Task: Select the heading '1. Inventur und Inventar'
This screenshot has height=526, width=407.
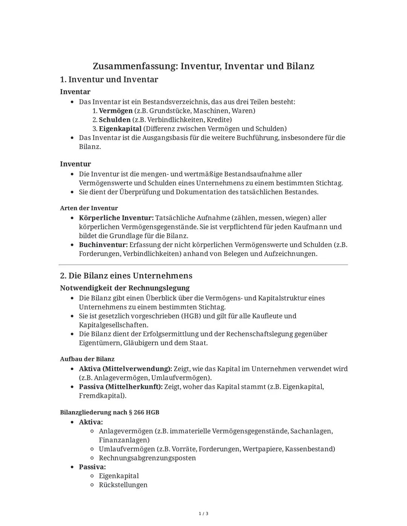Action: click(109, 79)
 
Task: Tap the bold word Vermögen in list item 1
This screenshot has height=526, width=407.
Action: click(115, 111)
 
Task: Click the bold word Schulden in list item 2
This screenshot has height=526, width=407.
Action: click(115, 120)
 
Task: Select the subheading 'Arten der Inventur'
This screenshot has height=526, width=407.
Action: click(89, 208)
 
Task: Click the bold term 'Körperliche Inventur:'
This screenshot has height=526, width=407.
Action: click(116, 218)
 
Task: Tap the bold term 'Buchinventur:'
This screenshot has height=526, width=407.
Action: click(103, 245)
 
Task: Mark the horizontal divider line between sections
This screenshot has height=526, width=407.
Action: click(203, 265)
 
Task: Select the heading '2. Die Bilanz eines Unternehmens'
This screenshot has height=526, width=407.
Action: click(126, 276)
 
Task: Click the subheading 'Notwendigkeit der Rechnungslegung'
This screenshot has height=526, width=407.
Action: click(125, 288)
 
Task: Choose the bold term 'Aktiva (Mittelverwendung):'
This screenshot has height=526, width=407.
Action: click(125, 369)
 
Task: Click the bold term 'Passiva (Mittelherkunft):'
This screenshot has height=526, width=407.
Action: click(121, 387)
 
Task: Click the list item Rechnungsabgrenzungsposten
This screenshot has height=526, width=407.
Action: click(147, 458)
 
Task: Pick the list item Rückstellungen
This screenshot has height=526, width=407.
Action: click(123, 485)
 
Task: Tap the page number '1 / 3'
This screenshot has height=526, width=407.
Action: click(203, 514)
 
